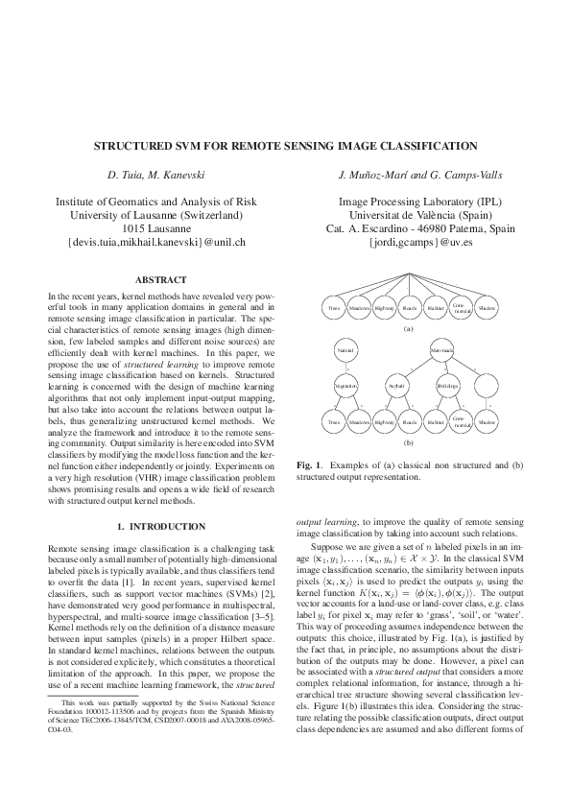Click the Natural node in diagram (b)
point(345,352)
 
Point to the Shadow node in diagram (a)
point(487,308)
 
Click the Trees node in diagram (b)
point(334,421)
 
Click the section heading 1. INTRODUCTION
point(155,527)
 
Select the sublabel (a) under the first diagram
point(409,329)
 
